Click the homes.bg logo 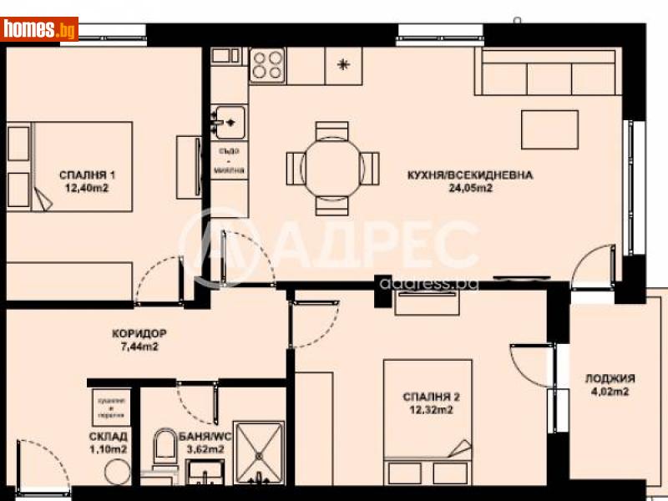click(40, 29)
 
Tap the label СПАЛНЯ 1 click(87, 175)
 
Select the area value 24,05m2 click(468, 188)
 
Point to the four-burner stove click(267, 63)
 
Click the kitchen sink click(227, 122)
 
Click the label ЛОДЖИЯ click(610, 377)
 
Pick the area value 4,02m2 click(610, 391)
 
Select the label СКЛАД click(109, 436)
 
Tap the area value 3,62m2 click(205, 449)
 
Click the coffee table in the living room click(550, 128)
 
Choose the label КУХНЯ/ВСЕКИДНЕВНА click(468, 175)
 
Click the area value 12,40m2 click(87, 189)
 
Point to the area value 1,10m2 click(109, 449)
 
